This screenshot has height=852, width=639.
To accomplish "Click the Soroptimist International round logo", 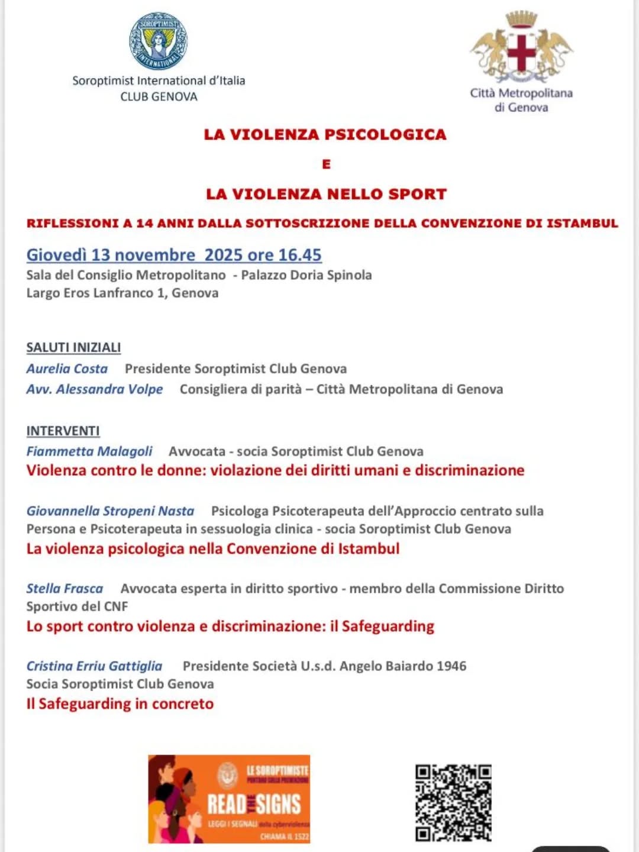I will coord(159,41).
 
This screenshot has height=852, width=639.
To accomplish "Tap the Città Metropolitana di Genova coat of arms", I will coord(521,47).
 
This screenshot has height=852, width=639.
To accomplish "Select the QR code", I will coord(453,802).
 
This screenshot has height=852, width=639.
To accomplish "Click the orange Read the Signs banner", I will coord(229,799).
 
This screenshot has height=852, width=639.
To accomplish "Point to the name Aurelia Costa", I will coord(67,369).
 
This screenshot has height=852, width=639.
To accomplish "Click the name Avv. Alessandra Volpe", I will coord(95,389).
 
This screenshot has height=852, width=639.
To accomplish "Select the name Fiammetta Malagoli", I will coord(89,451).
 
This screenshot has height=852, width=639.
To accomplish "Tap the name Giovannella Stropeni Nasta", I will coord(110,511).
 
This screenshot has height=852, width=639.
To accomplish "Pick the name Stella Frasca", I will coord(64,589).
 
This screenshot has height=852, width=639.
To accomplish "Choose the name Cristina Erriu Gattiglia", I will coord(94,666).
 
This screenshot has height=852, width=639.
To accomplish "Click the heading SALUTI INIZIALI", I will coord(73,348).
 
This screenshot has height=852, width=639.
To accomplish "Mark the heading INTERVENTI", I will coord(63,431).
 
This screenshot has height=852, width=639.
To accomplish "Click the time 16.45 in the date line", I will coord(299,255).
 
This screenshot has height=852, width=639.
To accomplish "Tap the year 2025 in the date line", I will coord(224,255).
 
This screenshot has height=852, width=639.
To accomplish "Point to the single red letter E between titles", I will coord(326,164).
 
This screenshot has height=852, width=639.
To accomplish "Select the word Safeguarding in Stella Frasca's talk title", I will coord(388,626).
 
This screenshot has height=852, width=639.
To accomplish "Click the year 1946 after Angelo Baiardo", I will coord(451,666).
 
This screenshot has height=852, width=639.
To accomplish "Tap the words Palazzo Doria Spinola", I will coord(306,275).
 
